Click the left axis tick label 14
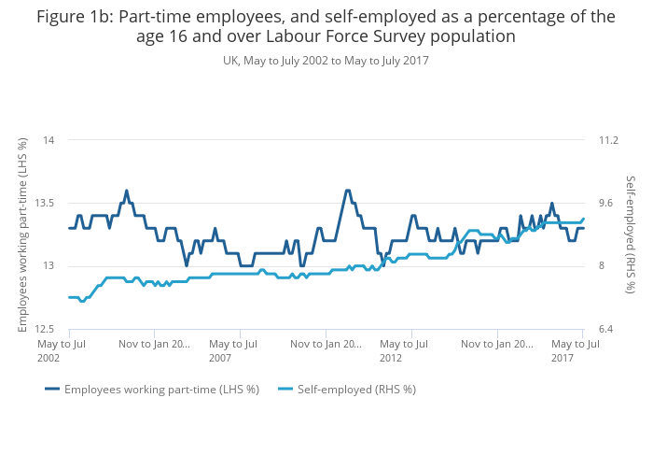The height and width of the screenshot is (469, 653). (x=49, y=140)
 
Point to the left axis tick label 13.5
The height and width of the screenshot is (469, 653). (x=46, y=203)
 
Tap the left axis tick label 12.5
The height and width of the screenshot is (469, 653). (x=46, y=329)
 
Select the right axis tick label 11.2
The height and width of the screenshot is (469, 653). (x=609, y=140)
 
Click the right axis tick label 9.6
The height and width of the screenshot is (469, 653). (x=606, y=203)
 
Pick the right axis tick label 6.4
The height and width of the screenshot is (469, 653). (x=606, y=329)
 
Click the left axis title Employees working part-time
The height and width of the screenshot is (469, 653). (x=22, y=234)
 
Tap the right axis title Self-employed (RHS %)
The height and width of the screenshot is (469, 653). (x=630, y=234)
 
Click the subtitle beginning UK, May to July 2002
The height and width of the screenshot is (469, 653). (x=326, y=61)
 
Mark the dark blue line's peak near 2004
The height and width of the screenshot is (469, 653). (x=127, y=191)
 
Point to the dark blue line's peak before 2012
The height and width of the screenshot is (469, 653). (x=347, y=191)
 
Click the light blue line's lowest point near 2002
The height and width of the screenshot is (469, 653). (x=82, y=301)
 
